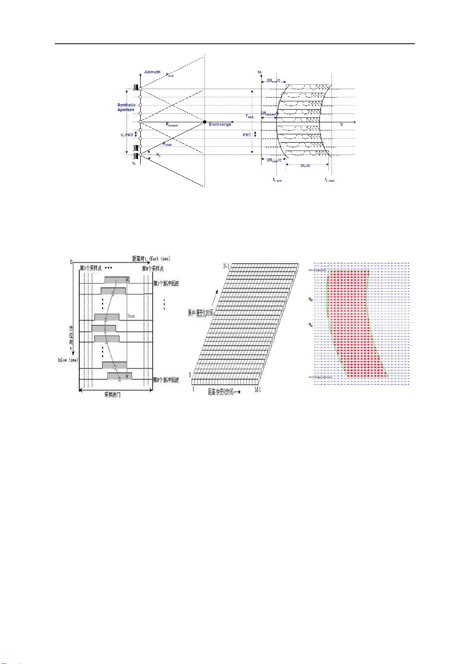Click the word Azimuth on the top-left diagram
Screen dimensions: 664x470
click(x=152, y=72)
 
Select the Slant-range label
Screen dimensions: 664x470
click(x=220, y=125)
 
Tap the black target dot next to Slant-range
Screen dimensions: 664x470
click(x=204, y=122)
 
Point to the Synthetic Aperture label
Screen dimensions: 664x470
click(x=126, y=107)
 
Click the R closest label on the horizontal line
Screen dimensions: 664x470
click(x=172, y=125)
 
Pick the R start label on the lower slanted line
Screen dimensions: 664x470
click(x=167, y=144)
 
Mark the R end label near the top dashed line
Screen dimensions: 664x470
click(x=170, y=75)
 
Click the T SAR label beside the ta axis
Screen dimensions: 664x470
click(x=249, y=117)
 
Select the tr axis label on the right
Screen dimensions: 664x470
click(x=342, y=125)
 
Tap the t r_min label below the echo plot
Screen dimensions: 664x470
click(x=277, y=180)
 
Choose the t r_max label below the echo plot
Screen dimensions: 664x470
click(x=330, y=180)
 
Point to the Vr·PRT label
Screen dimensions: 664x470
click(x=127, y=135)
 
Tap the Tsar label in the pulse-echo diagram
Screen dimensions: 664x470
click(x=131, y=316)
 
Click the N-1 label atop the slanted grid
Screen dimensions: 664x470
click(x=227, y=267)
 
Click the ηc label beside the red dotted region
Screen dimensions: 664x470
click(x=311, y=325)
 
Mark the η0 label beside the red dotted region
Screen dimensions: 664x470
click(x=311, y=299)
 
